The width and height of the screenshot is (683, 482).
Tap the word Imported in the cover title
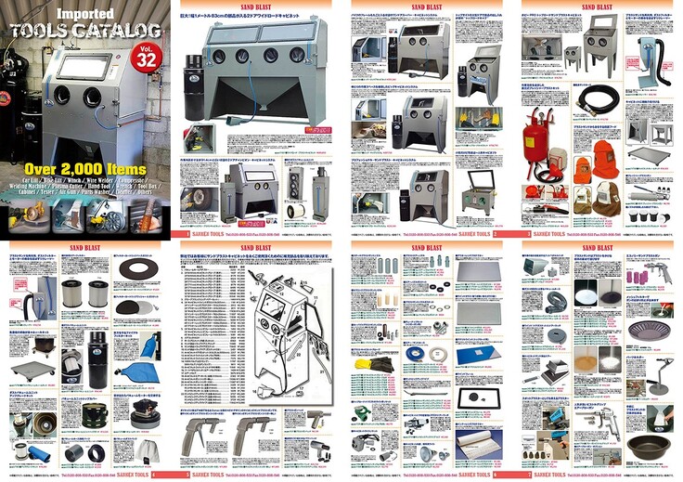coord(83,15)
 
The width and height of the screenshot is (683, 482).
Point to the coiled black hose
coord(590,95)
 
